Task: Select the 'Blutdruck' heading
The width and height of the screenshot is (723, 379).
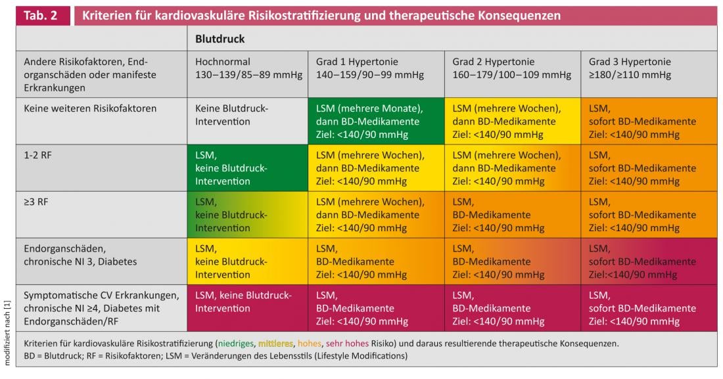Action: [220, 39]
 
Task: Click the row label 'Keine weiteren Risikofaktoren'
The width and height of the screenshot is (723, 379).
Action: [90, 108]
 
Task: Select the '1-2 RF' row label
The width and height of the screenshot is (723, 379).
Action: [39, 156]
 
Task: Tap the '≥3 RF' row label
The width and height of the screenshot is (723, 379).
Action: [36, 202]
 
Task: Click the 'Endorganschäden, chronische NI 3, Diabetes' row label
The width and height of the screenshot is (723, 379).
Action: [80, 256]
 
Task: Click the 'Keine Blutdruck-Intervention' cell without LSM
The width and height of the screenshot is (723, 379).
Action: [247, 115]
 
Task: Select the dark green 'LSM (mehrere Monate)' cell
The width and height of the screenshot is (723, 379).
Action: [376, 122]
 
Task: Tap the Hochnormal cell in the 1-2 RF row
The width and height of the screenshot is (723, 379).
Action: [247, 168]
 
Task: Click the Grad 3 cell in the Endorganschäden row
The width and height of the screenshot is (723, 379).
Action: [649, 261]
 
